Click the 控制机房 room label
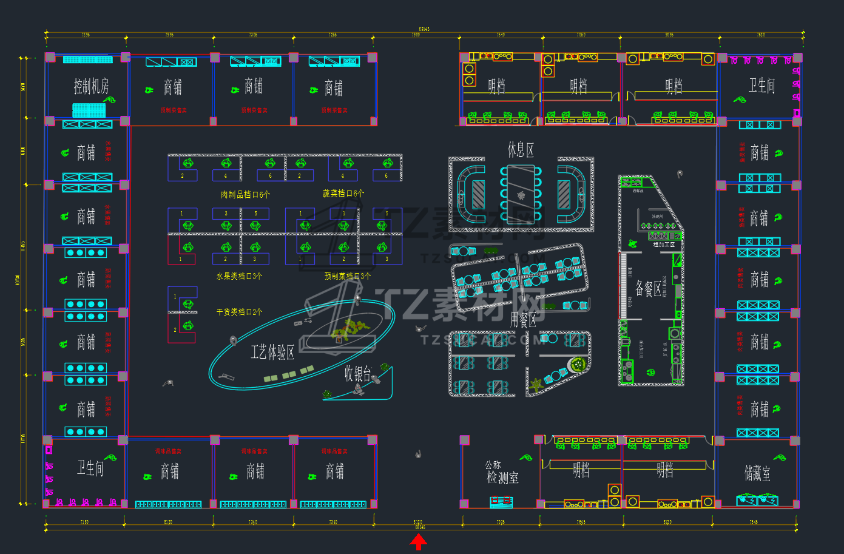click(x=92, y=87)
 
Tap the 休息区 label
click(x=521, y=150)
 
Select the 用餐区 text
click(x=523, y=319)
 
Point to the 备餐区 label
click(x=648, y=288)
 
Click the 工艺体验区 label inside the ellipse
click(x=272, y=352)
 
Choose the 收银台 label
click(x=357, y=373)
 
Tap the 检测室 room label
click(x=503, y=478)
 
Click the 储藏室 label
click(x=757, y=473)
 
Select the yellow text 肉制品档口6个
click(x=246, y=195)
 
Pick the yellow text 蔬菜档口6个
click(x=343, y=194)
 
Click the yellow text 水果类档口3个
click(x=240, y=276)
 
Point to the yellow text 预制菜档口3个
click(x=348, y=276)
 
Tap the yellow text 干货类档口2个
click(x=240, y=312)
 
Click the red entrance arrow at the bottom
click(x=418, y=542)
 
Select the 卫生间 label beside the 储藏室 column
click(x=761, y=86)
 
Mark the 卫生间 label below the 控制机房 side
click(x=90, y=468)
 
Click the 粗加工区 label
click(x=664, y=245)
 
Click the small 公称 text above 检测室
click(x=493, y=465)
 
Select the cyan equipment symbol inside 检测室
click(x=501, y=502)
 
